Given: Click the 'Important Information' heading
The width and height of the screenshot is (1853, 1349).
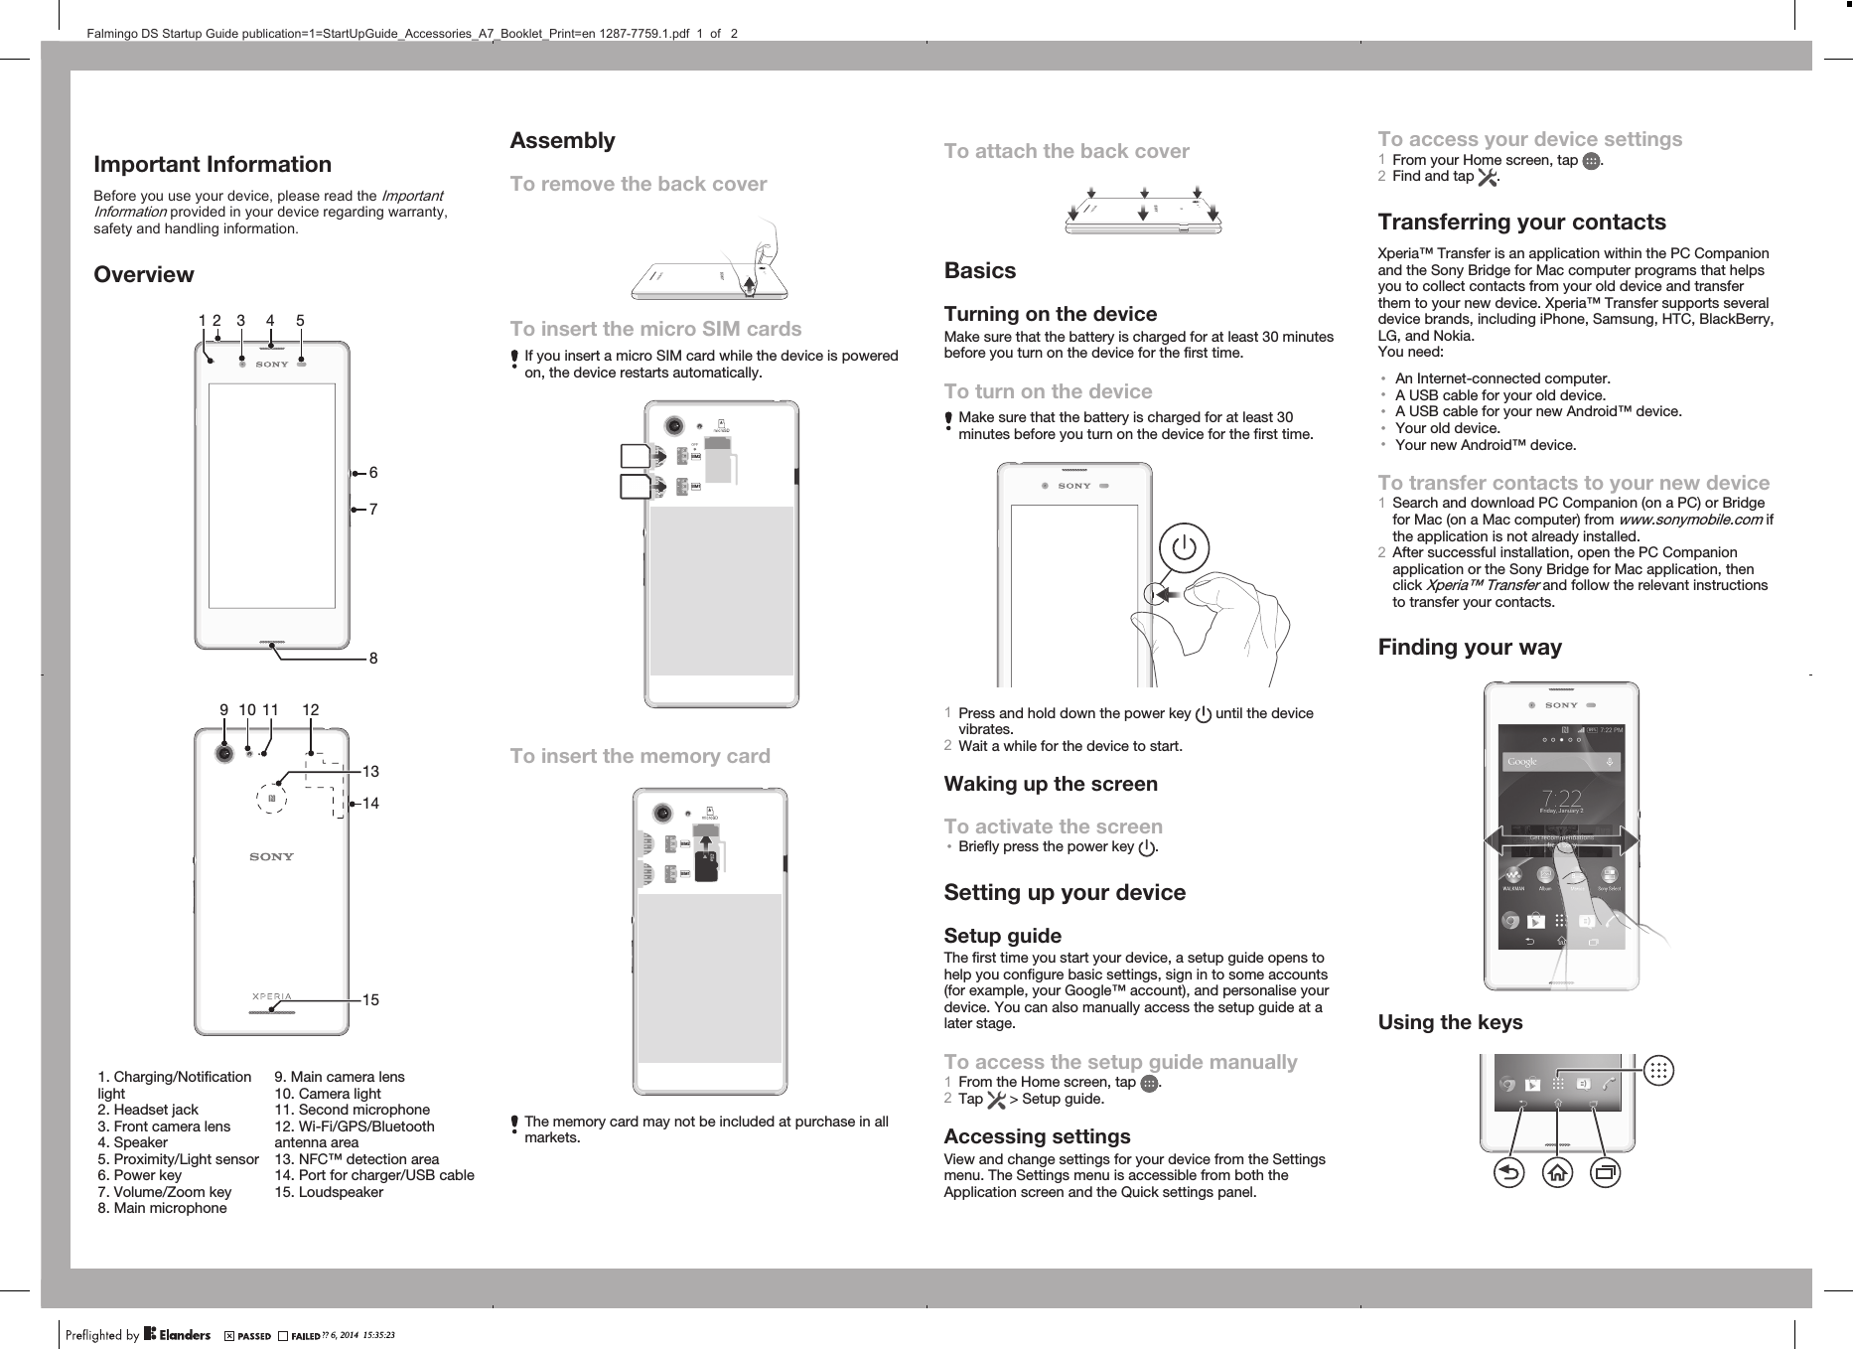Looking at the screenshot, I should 213,164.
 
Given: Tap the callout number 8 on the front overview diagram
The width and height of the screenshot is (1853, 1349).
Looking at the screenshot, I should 373,659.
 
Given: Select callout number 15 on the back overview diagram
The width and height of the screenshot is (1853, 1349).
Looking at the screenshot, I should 370,1000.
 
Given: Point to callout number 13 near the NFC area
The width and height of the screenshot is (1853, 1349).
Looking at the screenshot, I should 370,772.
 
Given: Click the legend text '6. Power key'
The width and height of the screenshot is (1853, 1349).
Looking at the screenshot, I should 140,1175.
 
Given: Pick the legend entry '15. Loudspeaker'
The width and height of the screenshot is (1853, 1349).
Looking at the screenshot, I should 329,1192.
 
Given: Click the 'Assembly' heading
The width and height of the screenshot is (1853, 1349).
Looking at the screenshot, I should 562,141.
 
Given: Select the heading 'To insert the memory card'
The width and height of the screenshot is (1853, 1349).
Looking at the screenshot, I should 640,756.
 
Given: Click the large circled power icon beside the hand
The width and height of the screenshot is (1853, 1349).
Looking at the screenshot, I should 1184,548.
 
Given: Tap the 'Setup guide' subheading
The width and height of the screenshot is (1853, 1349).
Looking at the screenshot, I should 1002,936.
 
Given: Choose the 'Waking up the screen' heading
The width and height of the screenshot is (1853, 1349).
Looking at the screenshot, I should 1050,784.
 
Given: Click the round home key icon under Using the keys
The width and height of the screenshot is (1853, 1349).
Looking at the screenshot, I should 1557,1173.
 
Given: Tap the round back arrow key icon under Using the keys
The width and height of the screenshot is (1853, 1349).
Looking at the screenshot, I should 1508,1173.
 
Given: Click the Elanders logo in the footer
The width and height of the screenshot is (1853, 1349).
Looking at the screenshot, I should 177,1334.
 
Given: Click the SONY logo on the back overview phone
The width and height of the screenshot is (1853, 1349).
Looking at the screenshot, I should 271,856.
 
